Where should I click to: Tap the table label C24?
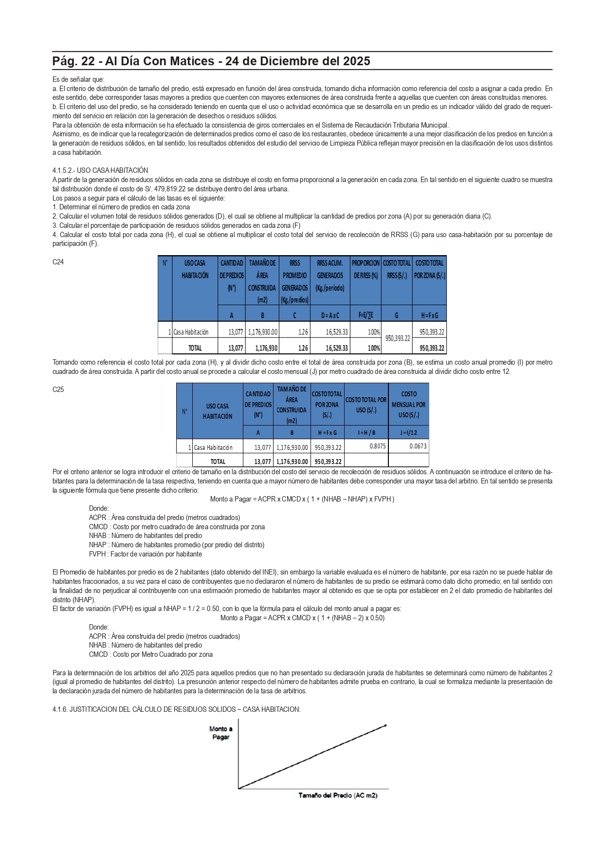coord(58,262)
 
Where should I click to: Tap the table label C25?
coord(58,390)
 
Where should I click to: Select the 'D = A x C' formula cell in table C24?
coord(329,315)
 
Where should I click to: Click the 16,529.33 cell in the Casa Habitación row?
coord(329,332)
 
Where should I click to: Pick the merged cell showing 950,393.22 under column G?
coord(397,338)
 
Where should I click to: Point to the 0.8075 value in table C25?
coord(377,446)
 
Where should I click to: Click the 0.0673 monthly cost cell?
coord(418,446)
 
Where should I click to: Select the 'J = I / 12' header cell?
coord(408,432)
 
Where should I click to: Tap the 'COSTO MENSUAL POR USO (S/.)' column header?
coord(408,404)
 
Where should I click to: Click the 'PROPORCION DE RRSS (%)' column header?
coord(365,269)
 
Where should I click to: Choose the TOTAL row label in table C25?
coord(218,461)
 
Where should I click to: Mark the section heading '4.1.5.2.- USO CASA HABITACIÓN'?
coord(100,170)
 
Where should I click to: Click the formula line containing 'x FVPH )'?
coord(302,499)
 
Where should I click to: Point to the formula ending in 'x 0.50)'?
coord(302,618)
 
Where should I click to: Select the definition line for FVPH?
coord(145,554)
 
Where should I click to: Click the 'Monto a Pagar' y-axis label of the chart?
coord(221,733)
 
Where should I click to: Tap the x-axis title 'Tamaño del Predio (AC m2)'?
coord(338,795)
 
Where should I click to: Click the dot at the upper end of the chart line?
coord(385,725)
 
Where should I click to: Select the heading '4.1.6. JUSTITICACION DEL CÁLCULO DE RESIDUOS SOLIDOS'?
coord(176,709)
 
